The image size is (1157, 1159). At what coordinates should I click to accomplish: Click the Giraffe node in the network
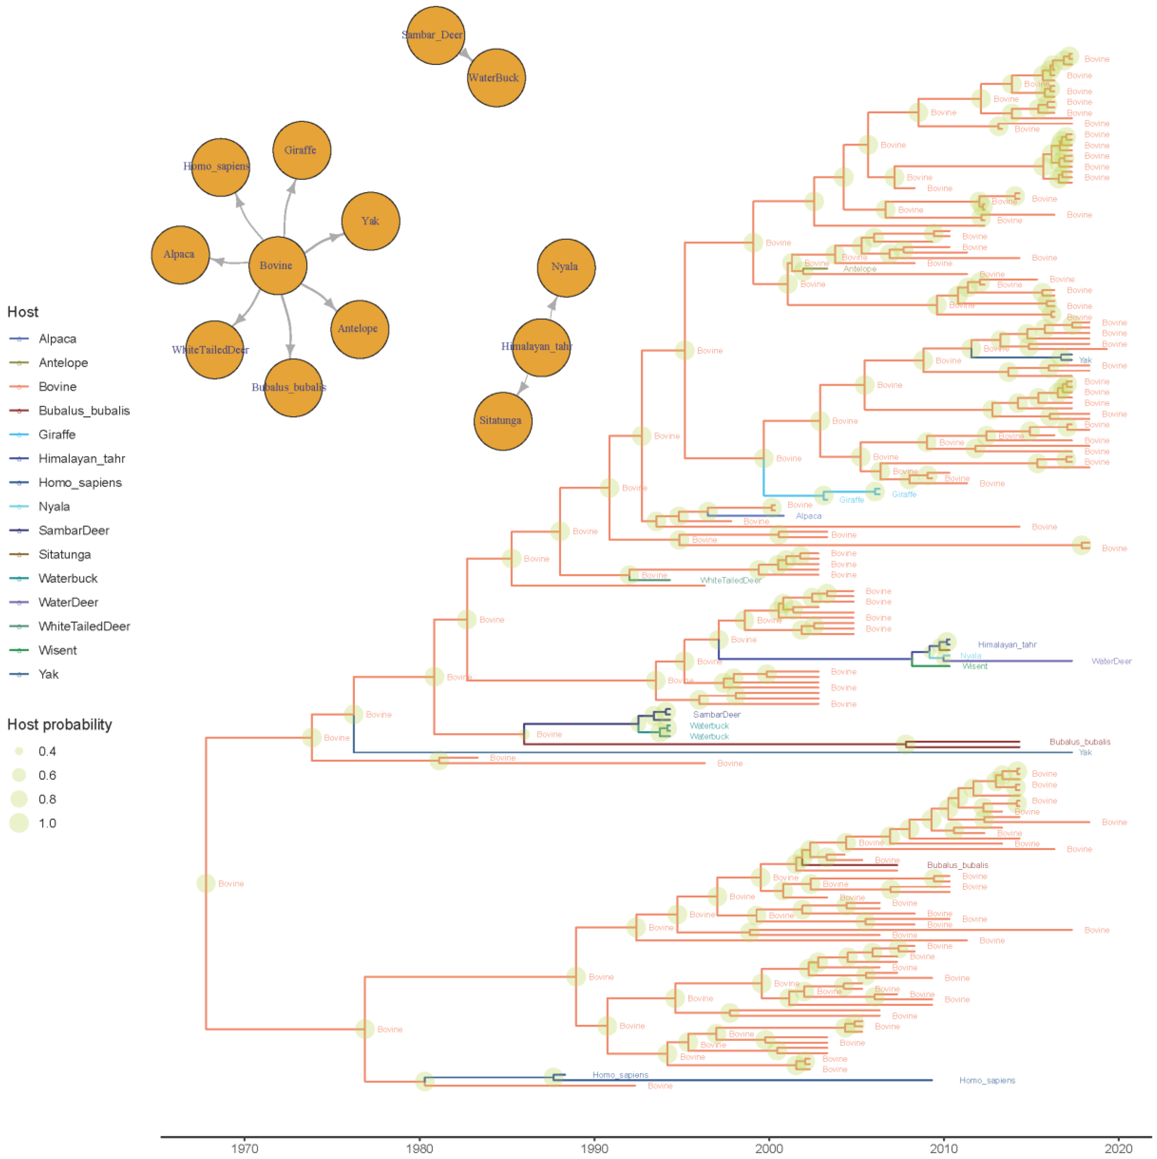[301, 150]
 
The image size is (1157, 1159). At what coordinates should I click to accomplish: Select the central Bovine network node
[277, 265]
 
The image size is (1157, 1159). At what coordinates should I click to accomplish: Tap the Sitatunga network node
[502, 420]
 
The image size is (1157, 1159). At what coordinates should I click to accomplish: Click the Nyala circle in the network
[565, 267]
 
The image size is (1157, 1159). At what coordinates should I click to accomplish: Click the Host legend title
[23, 312]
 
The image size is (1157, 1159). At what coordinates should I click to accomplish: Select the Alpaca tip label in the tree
[808, 516]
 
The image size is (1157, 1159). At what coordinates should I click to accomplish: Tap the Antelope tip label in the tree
[859, 269]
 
